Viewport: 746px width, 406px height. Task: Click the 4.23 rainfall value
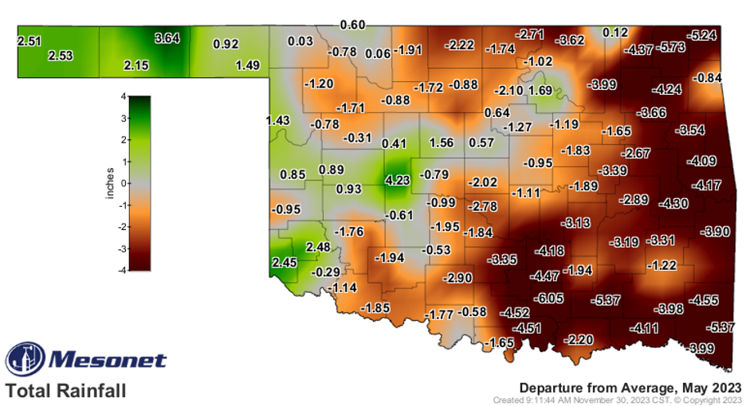coord(398,180)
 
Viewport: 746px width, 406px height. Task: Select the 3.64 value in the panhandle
coord(169,37)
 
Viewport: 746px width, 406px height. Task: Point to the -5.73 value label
coord(672,47)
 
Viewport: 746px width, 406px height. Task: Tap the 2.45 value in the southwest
coord(285,262)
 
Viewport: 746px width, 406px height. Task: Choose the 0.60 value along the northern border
coord(352,25)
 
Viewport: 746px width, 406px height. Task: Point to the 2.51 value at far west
coord(29,40)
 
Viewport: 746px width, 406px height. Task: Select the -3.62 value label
coord(571,39)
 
